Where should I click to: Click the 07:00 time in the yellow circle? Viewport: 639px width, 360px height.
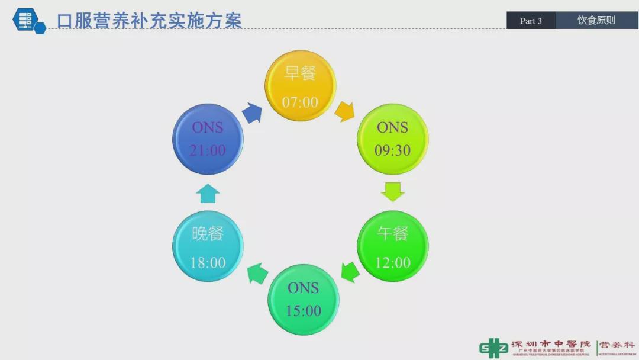point(300,102)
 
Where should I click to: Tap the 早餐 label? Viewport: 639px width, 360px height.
point(300,74)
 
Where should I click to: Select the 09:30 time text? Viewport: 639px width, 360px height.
point(392,150)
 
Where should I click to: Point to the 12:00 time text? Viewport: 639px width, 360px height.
point(392,262)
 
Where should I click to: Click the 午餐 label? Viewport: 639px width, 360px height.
point(392,233)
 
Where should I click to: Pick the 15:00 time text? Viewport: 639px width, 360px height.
point(304,311)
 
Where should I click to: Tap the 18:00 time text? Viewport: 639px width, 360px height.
point(208,262)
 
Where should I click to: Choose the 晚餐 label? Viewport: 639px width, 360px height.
point(208,233)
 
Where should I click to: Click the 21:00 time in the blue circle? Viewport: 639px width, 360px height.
point(208,150)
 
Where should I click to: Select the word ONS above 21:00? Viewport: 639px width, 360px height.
point(208,127)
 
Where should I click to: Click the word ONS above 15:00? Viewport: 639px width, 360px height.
point(304,288)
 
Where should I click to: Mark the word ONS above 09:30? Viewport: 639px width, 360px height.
point(392,127)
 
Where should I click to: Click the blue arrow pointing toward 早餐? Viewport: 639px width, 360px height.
point(252,112)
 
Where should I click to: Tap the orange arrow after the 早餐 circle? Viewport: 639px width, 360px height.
point(344,111)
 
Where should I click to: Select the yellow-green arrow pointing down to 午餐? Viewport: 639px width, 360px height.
point(392,191)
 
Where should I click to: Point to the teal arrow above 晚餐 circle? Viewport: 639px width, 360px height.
point(208,193)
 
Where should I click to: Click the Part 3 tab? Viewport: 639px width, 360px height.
point(531,21)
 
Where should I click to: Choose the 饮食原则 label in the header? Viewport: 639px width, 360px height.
point(596,20)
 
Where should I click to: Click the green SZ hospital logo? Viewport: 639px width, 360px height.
point(493,348)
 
